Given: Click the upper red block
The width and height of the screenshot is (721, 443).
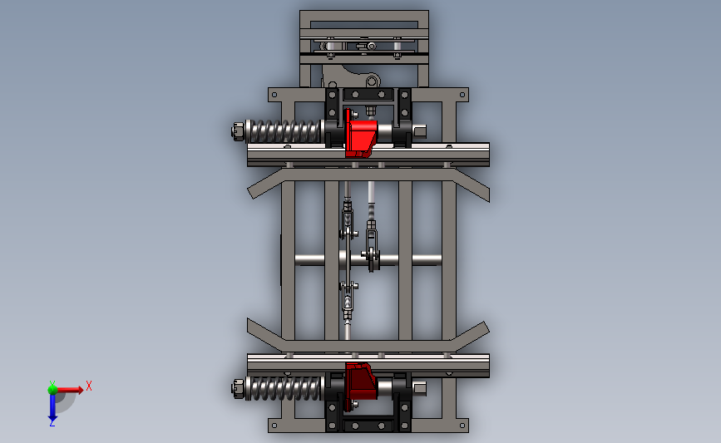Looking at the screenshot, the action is [x=361, y=133].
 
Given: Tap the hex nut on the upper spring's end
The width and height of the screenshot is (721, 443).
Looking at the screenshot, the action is [x=238, y=131].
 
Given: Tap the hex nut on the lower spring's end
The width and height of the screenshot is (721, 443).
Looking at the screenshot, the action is [x=238, y=388].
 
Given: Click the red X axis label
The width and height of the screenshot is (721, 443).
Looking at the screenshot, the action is [x=89, y=386].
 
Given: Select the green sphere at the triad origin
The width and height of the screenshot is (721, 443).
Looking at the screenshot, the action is [x=52, y=390].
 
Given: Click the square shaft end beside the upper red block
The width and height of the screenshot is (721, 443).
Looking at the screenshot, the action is [x=420, y=132].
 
